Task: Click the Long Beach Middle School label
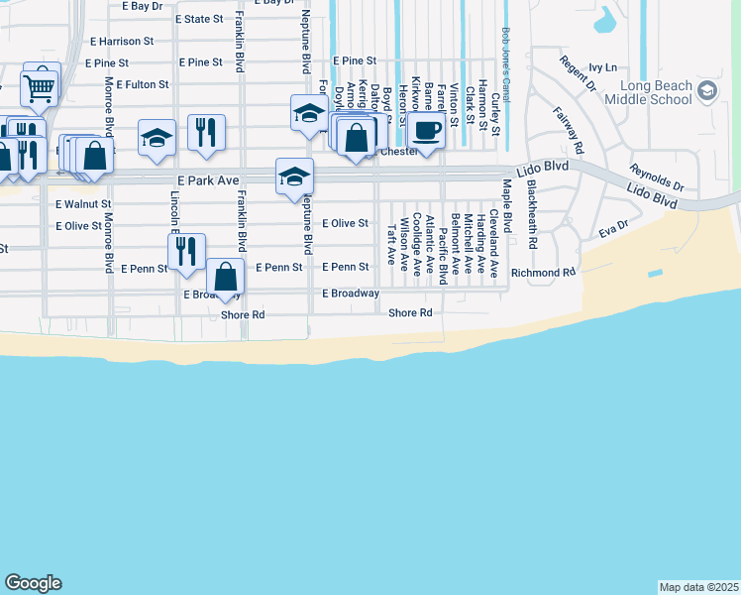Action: (648, 93)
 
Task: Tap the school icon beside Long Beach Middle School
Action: (706, 92)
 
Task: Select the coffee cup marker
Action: (427, 130)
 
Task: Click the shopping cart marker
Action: (40, 86)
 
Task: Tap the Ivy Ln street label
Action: (602, 67)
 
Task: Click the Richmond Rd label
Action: (543, 272)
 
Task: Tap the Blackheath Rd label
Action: (532, 214)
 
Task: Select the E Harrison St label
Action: (122, 42)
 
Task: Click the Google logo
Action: (33, 583)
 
